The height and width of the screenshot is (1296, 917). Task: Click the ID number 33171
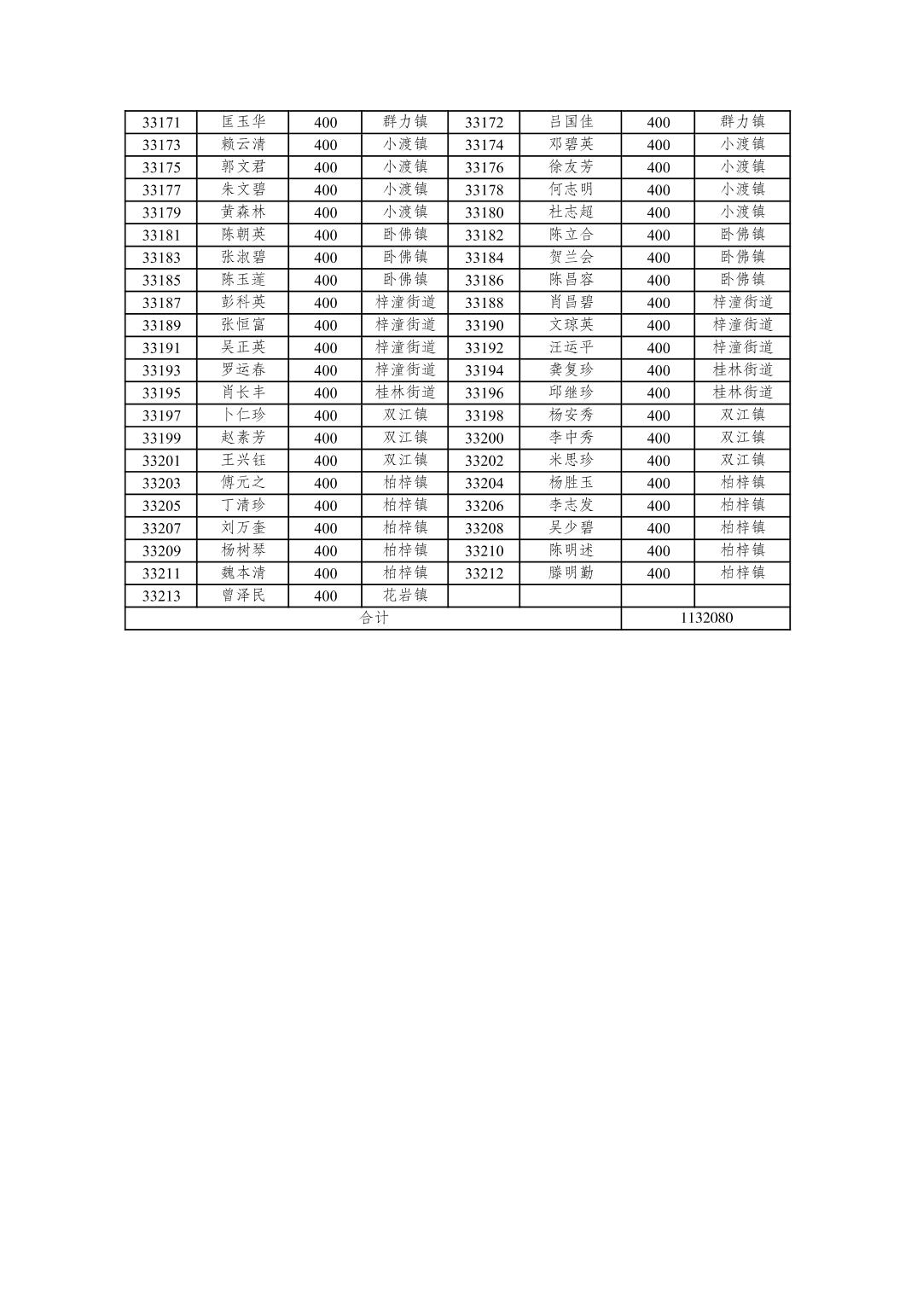(161, 122)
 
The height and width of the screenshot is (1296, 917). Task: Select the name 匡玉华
(243, 122)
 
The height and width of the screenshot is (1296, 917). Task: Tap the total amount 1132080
(705, 618)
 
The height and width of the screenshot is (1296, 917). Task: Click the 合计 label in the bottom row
(373, 618)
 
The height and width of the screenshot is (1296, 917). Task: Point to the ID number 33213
(161, 596)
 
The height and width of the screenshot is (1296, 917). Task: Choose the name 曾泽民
(243, 595)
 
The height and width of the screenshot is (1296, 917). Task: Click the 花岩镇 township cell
(405, 595)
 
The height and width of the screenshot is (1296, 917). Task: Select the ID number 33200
(484, 438)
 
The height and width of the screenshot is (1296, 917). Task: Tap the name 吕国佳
(571, 122)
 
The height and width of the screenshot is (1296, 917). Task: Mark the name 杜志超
(571, 212)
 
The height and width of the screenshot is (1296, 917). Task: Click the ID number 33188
(484, 302)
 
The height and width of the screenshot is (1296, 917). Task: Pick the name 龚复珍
(571, 369)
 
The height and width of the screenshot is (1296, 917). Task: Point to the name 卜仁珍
(243, 415)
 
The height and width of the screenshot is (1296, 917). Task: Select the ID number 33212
(484, 573)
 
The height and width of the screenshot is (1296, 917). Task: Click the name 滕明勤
(571, 572)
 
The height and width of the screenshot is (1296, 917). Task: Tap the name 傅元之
(243, 482)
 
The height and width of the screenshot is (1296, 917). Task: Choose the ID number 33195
(161, 392)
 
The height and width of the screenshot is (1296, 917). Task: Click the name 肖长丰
(243, 392)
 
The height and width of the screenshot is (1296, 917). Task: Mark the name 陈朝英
(243, 235)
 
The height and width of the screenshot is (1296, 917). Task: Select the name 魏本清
(243, 572)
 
